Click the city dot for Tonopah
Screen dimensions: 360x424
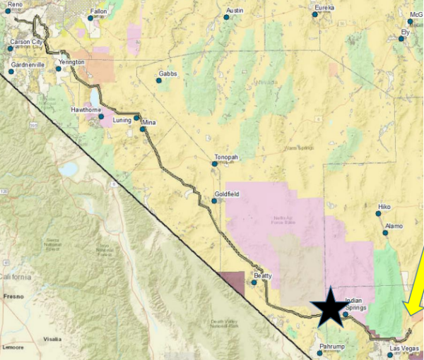215,164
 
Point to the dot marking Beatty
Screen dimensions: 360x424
254,282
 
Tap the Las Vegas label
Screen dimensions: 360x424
406,349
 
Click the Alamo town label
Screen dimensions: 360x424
394,226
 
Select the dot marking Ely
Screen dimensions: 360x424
401,39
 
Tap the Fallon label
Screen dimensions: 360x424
98,12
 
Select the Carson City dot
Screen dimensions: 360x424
8,49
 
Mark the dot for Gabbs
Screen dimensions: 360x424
159,80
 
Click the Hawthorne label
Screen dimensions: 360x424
87,110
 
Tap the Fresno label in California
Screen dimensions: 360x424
14,297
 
